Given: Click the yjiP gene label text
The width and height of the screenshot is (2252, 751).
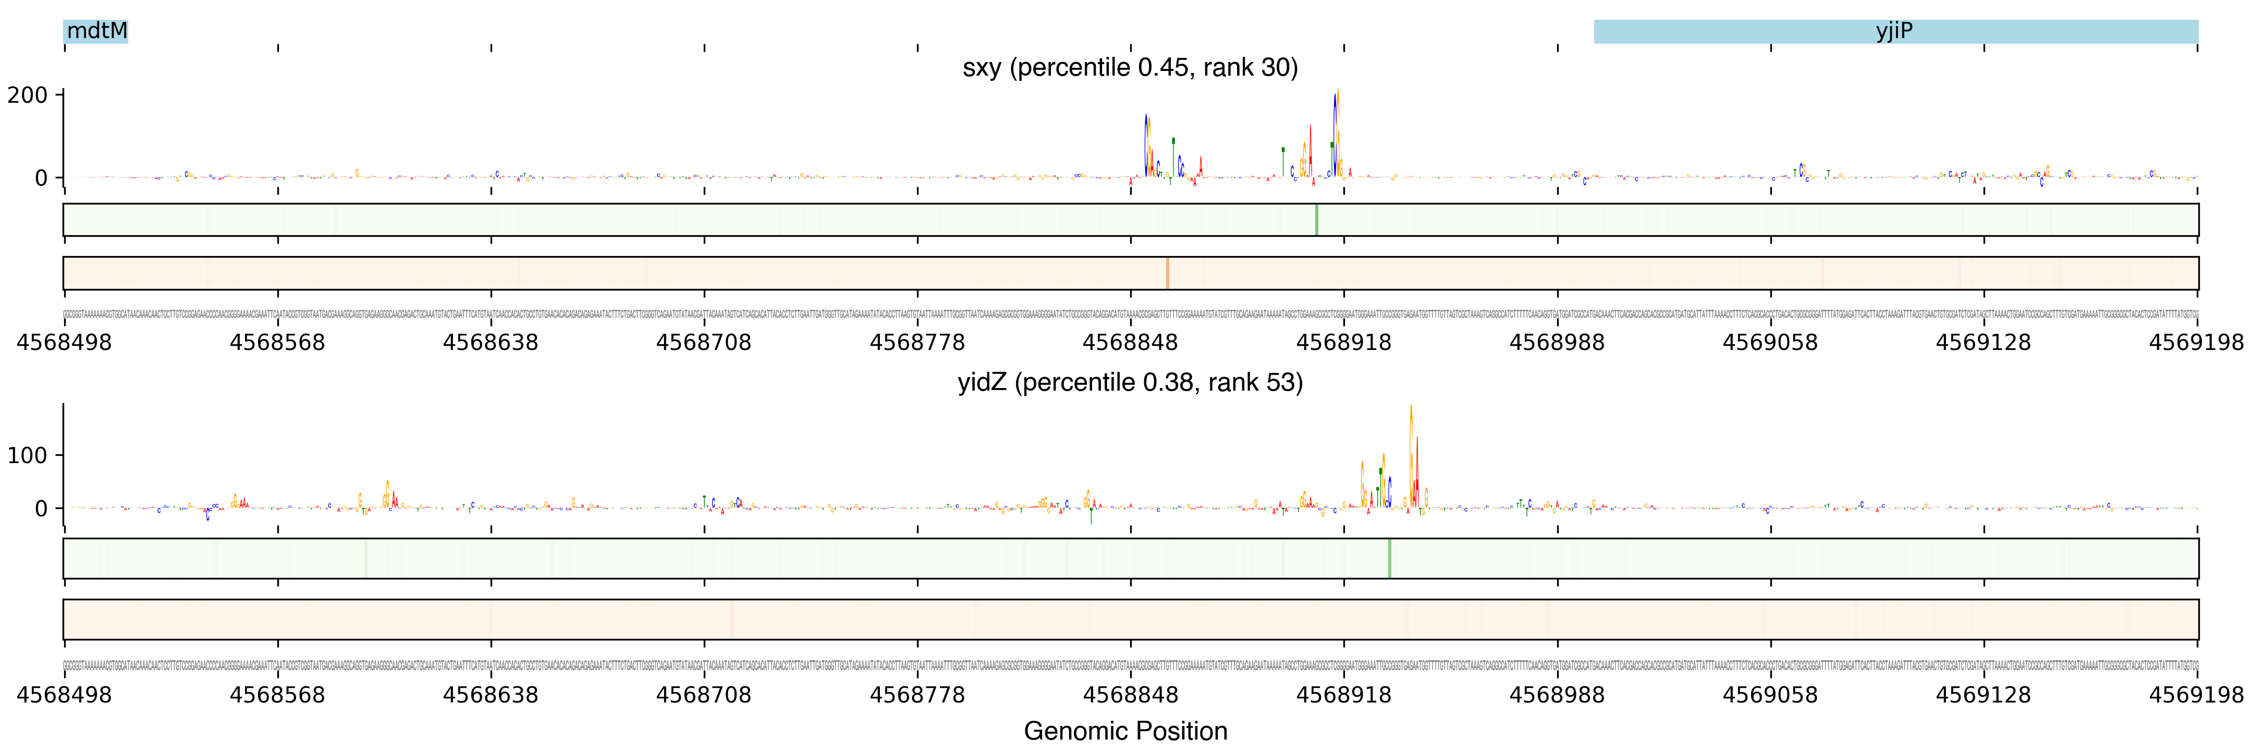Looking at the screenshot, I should pyautogui.click(x=1893, y=31).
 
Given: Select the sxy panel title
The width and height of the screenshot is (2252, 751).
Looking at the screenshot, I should pyautogui.click(x=1130, y=67).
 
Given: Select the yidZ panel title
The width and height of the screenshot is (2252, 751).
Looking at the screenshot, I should pyautogui.click(x=1130, y=382).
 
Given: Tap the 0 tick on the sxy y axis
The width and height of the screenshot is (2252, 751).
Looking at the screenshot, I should pyautogui.click(x=41, y=178).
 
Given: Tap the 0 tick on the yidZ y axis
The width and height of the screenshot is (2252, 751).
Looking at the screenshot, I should pyautogui.click(x=41, y=509).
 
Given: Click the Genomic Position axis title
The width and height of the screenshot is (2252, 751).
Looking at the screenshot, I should pyautogui.click(x=1125, y=731).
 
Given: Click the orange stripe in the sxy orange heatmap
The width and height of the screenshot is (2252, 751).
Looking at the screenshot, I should pyautogui.click(x=1167, y=273).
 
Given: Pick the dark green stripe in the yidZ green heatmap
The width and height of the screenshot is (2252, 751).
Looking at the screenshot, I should pyautogui.click(x=1389, y=558).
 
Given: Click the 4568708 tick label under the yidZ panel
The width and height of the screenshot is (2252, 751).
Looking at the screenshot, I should pyautogui.click(x=704, y=695).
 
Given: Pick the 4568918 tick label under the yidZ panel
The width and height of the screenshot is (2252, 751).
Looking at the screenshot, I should pyautogui.click(x=1344, y=695).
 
